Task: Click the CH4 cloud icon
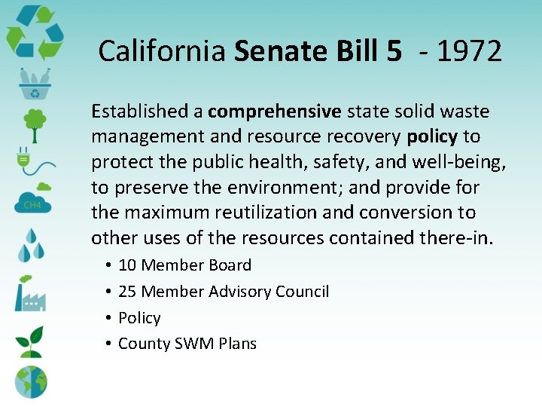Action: pyautogui.click(x=32, y=200)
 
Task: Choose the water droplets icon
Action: pyautogui.click(x=32, y=243)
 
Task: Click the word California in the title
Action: pyautogui.click(x=163, y=51)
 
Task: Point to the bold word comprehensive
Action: pyautogui.click(x=275, y=112)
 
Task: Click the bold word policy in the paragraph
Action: pyautogui.click(x=432, y=136)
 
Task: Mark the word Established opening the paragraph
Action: pyautogui.click(x=140, y=112)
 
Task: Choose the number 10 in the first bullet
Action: pyautogui.click(x=127, y=265)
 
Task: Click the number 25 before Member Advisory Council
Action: pyautogui.click(x=127, y=292)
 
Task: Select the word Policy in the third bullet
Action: pyautogui.click(x=139, y=318)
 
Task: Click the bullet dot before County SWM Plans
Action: pyautogui.click(x=109, y=344)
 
